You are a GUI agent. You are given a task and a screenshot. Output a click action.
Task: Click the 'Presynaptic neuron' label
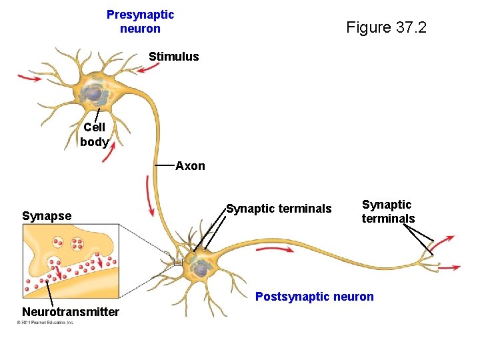(x=140, y=21)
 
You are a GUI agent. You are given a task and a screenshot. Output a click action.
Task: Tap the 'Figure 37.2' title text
(x=386, y=27)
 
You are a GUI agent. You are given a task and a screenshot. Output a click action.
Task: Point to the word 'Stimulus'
(x=173, y=57)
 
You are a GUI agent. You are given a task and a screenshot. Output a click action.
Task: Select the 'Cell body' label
(x=94, y=134)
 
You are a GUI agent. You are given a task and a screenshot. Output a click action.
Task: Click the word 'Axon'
(x=190, y=166)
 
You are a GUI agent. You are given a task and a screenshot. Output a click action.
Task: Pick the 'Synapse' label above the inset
(x=47, y=215)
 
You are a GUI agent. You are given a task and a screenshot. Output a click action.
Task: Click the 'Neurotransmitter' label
(x=71, y=312)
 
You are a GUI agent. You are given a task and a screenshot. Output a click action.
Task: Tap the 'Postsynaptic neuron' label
(x=314, y=297)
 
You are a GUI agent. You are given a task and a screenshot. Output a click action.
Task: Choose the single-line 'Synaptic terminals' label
(x=279, y=209)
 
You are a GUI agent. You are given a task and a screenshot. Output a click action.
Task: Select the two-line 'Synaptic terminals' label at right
(x=388, y=211)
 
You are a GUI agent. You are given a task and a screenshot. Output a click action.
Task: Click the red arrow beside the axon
(x=150, y=196)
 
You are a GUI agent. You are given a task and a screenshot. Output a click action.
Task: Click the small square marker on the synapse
(x=178, y=262)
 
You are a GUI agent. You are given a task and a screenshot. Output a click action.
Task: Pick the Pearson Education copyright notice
(x=45, y=323)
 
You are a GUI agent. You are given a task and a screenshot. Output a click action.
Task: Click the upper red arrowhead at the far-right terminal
(x=447, y=239)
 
